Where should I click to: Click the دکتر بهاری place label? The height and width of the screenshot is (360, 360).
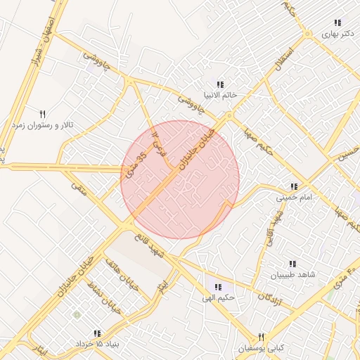pyautogui.click(x=340, y=33)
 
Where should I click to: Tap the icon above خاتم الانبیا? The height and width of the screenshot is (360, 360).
pyautogui.click(x=221, y=84)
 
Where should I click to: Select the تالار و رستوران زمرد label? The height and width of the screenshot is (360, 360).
pyautogui.click(x=46, y=124)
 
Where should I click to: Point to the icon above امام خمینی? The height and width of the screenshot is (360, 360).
pyautogui.click(x=293, y=187)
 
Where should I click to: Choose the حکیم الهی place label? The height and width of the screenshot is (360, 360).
pyautogui.click(x=219, y=298)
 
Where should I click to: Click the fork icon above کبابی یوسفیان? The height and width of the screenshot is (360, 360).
pyautogui.click(x=261, y=337)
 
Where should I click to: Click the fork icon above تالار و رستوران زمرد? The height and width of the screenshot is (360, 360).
pyautogui.click(x=42, y=113)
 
